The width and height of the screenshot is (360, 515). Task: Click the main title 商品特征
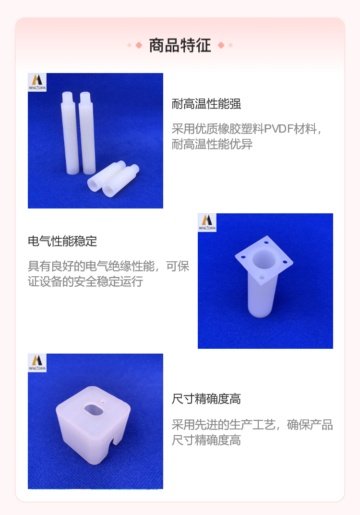[180, 45]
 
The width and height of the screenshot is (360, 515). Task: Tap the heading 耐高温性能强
[206, 104]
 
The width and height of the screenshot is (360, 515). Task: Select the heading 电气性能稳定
[62, 241]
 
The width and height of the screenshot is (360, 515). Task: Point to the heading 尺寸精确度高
[206, 399]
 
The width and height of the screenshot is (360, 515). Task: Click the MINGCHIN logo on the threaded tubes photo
[37, 82]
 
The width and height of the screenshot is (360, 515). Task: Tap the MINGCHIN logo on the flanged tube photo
[207, 223]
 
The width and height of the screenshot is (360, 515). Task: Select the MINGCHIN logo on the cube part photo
[37, 363]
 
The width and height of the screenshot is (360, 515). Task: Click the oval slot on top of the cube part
[94, 409]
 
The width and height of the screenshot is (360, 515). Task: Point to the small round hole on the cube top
[103, 401]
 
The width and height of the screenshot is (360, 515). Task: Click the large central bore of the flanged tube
[264, 259]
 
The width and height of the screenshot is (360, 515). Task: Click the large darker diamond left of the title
[139, 45]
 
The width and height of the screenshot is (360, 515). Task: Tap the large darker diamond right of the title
[221, 45]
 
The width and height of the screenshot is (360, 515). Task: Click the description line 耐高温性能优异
[212, 144]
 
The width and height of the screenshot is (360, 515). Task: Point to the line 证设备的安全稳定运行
[85, 282]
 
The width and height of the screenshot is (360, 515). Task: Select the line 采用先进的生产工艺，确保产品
[252, 425]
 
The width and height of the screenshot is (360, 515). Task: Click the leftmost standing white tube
[70, 133]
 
